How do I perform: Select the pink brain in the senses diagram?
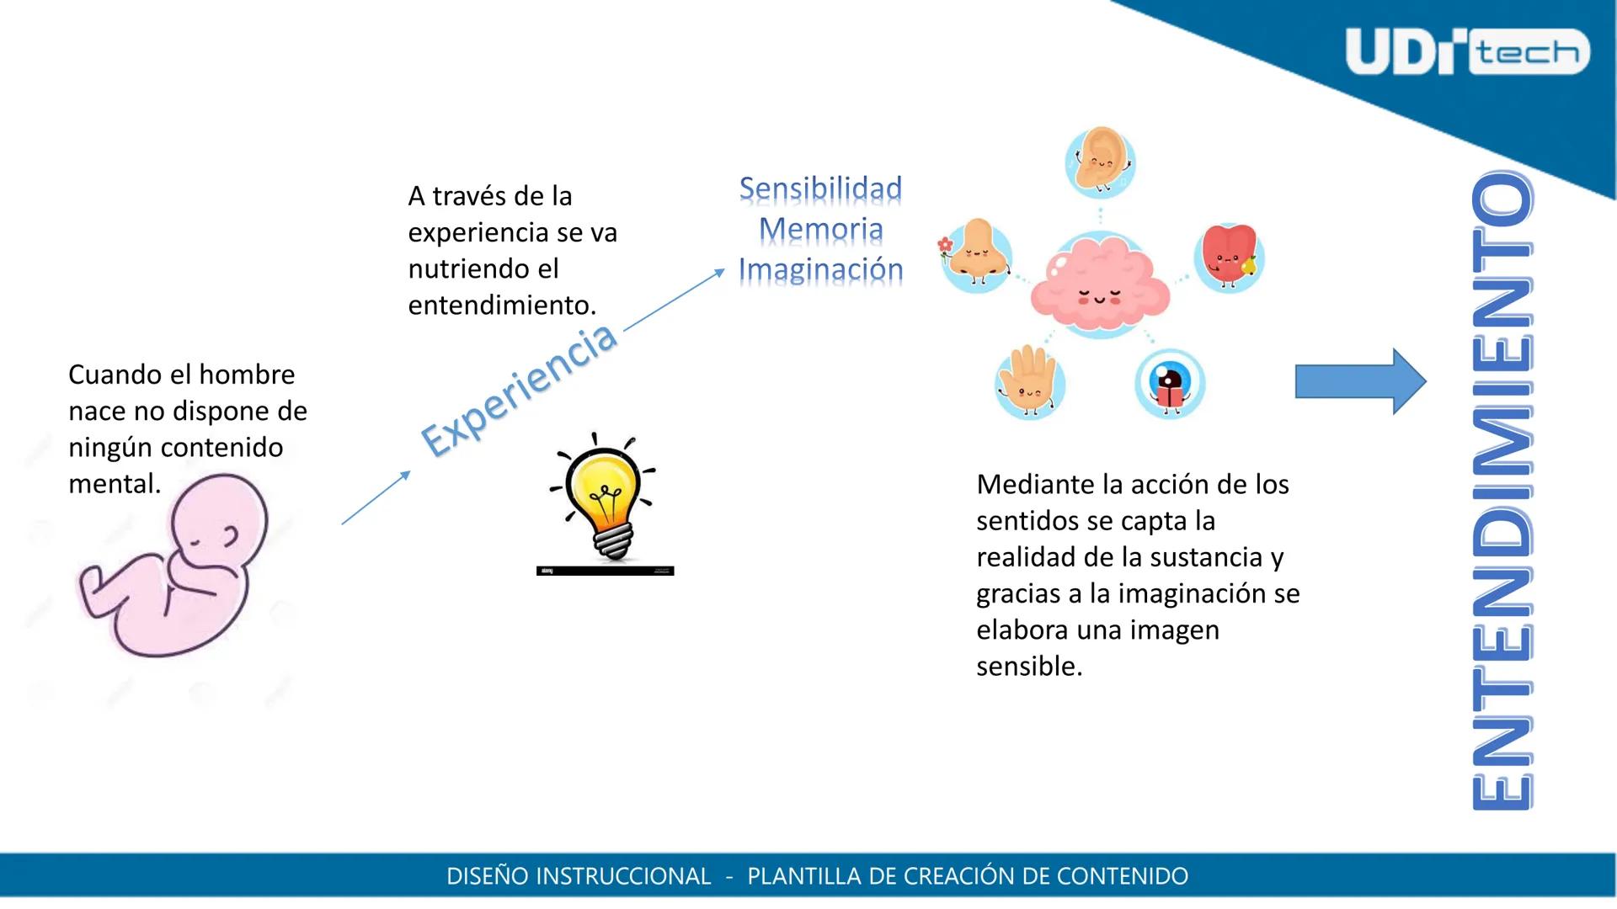(x=1100, y=287)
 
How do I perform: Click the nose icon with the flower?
(x=975, y=254)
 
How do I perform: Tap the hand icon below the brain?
(x=1029, y=383)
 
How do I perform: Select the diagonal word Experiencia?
(x=519, y=390)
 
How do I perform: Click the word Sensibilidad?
(x=820, y=189)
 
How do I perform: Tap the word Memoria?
(x=820, y=229)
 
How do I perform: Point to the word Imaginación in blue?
(x=820, y=269)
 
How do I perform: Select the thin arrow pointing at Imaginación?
(x=674, y=300)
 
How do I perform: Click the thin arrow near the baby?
(x=376, y=497)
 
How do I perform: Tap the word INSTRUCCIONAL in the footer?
(x=623, y=876)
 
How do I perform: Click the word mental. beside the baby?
(x=115, y=484)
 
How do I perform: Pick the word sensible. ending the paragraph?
(x=1029, y=667)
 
